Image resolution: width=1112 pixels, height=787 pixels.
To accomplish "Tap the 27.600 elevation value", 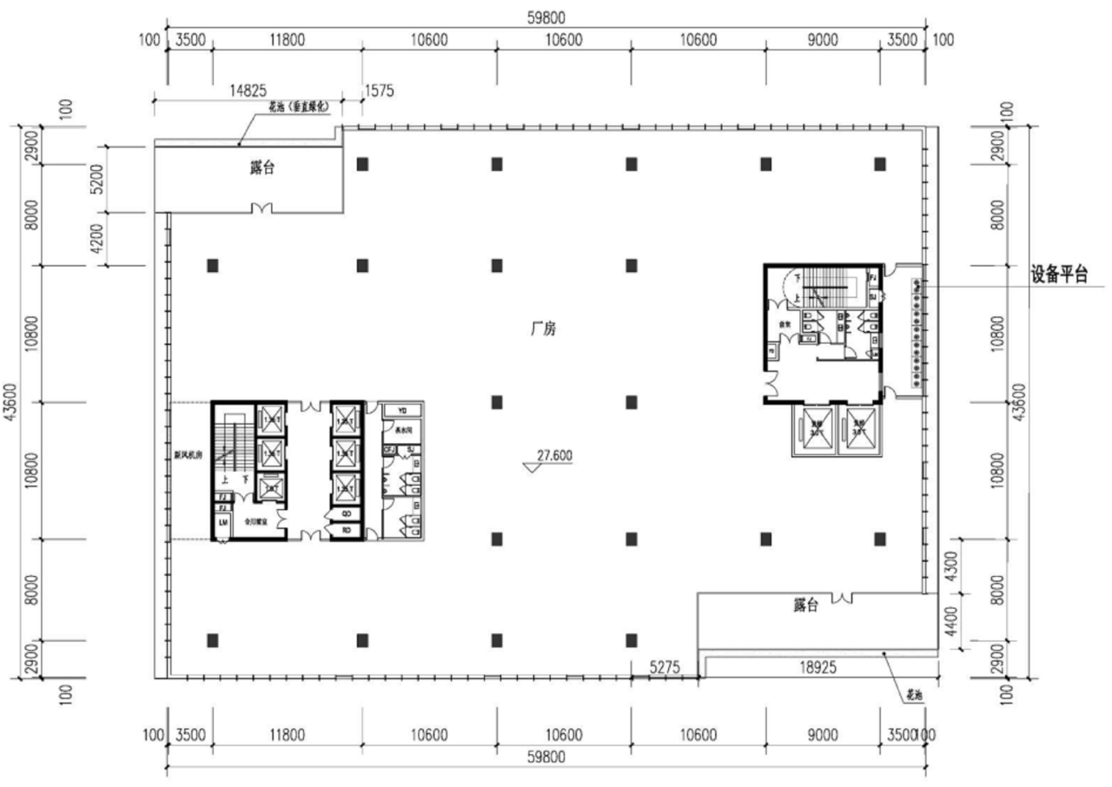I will pyautogui.click(x=553, y=454).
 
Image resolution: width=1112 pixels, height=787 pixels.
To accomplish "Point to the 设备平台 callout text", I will pyautogui.click(x=1059, y=274).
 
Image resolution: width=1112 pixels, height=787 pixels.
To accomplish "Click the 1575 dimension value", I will pyautogui.click(x=381, y=89).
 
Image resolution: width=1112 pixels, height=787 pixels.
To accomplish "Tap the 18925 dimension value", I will pyautogui.click(x=822, y=667).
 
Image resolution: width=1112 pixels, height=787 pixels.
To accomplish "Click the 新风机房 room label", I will pyautogui.click(x=188, y=453).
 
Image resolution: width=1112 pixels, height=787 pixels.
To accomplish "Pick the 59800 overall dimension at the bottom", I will pyautogui.click(x=546, y=757).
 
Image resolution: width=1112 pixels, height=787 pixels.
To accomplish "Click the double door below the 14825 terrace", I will pyautogui.click(x=261, y=208).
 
